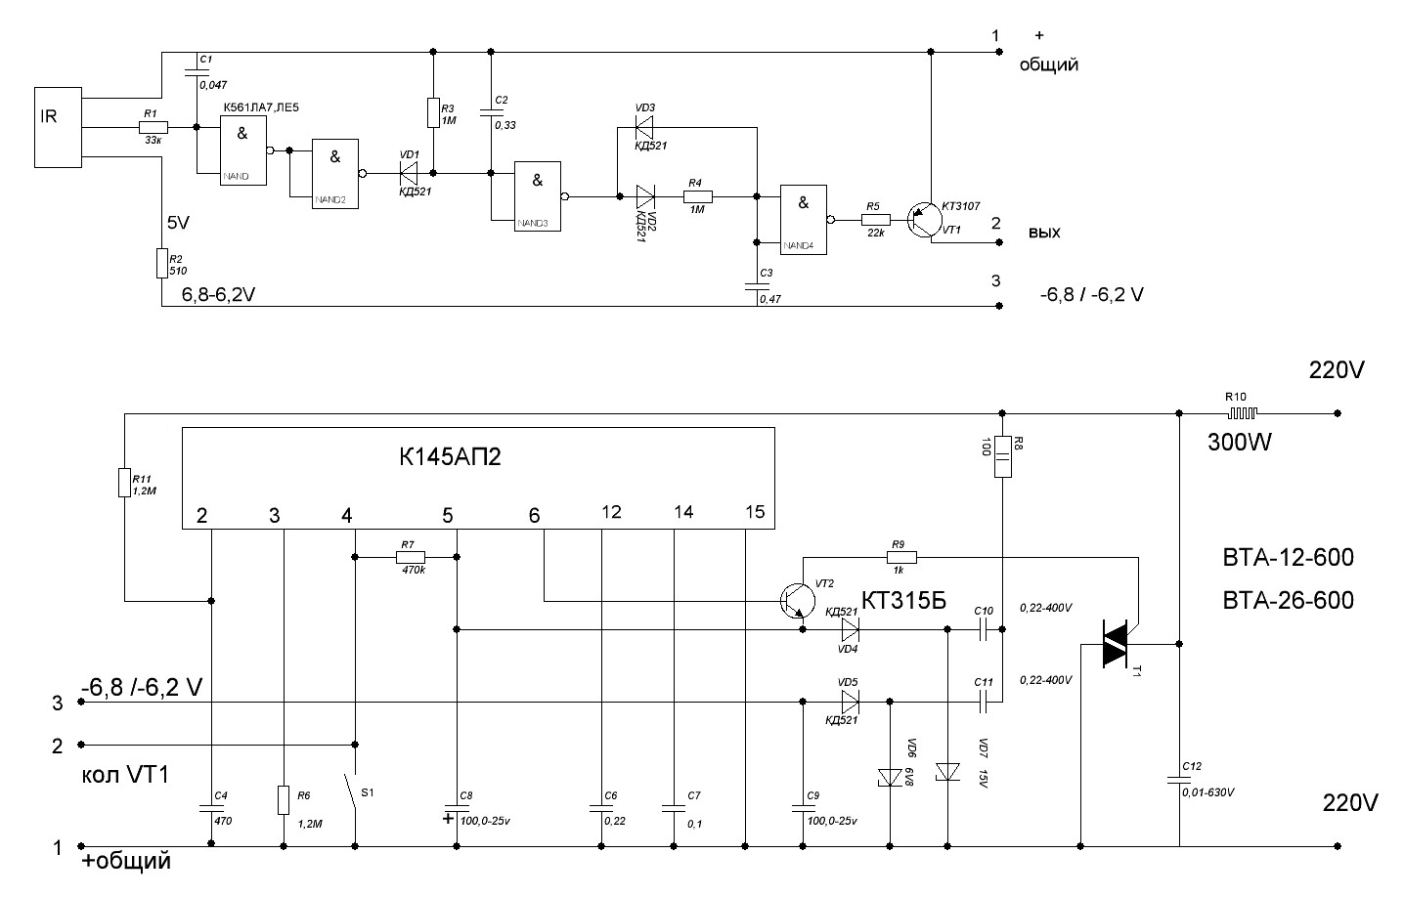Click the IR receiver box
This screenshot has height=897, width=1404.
58,127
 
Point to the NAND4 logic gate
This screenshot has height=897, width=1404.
803,219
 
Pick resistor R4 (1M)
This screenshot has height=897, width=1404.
697,196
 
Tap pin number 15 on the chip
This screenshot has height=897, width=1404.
754,513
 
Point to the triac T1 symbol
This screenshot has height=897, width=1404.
1116,645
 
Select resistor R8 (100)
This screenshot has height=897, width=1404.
1003,456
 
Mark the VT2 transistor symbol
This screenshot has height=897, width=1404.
796,600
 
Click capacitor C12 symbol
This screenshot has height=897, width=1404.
1179,779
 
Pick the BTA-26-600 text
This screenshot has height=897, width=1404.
1288,600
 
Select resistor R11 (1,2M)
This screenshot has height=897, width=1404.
124,482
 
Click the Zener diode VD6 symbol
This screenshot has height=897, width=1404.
890,777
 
